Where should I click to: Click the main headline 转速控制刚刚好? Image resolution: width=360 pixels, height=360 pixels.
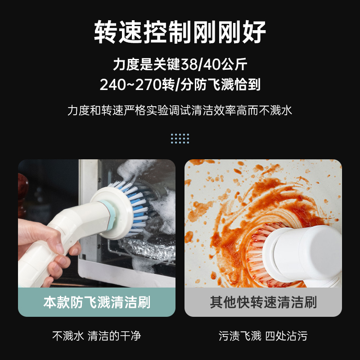pyautogui.click(x=180, y=32)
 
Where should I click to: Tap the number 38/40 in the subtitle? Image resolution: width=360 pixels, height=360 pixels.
pyautogui.click(x=197, y=64)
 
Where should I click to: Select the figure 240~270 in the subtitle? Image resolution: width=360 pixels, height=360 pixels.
pyautogui.click(x=130, y=85)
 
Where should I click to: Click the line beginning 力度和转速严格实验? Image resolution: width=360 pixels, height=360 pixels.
pyautogui.click(x=180, y=110)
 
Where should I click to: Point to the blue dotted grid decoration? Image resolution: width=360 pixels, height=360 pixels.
pyautogui.click(x=180, y=139)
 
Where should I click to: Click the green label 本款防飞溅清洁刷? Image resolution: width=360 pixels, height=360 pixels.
pyautogui.click(x=97, y=302)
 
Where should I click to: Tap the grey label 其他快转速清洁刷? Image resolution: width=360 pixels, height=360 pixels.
pyautogui.click(x=263, y=302)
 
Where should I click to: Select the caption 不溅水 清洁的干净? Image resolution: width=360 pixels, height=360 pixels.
pyautogui.click(x=96, y=336)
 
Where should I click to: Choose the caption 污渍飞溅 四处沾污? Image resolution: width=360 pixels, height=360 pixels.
pyautogui.click(x=263, y=336)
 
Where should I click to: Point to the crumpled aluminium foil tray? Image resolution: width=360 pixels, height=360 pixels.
pyautogui.click(x=147, y=249)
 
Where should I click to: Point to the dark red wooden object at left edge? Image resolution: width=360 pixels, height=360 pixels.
pyautogui.click(x=23, y=195)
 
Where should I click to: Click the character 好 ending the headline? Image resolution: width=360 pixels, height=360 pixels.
pyautogui.click(x=254, y=32)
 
